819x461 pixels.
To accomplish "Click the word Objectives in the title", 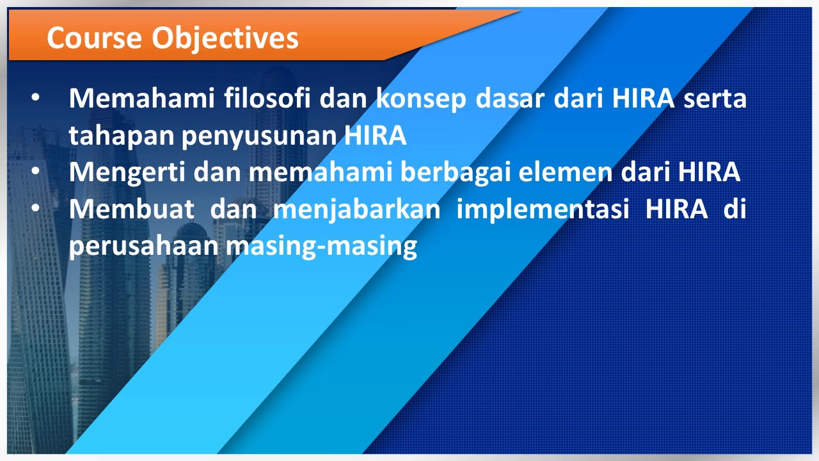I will [225, 38].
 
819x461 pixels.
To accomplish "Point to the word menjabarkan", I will [357, 210].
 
